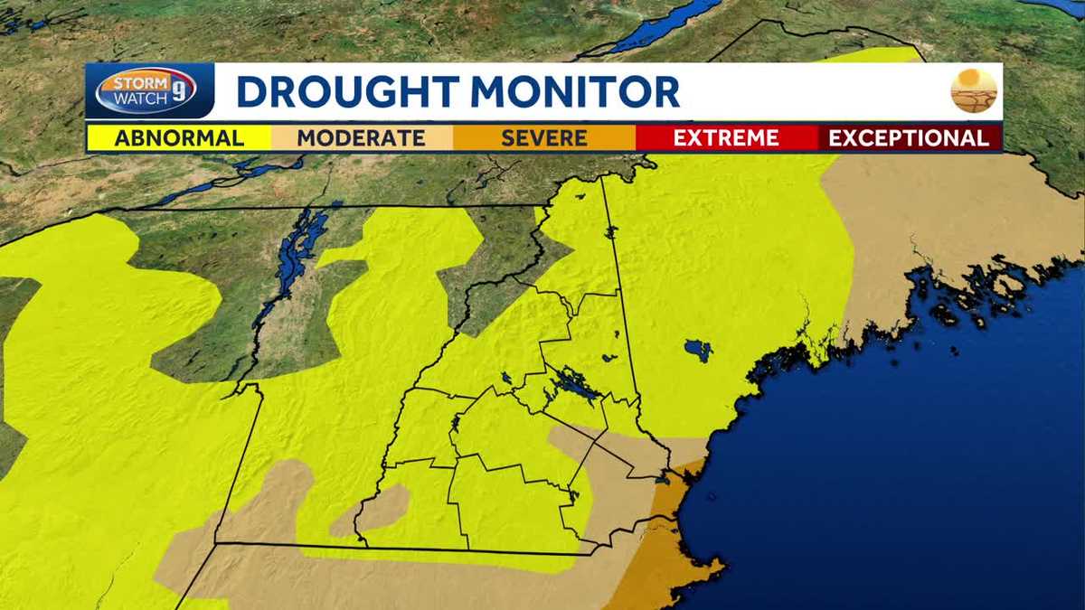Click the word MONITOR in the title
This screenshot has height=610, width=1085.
pyautogui.click(x=574, y=92)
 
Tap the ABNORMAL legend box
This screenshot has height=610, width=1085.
pyautogui.click(x=179, y=138)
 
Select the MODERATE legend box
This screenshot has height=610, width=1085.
pyautogui.click(x=361, y=138)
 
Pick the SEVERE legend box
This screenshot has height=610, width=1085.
pyautogui.click(x=543, y=138)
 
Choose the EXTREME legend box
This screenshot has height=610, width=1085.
pyautogui.click(x=726, y=138)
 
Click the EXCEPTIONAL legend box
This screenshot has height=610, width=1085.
pyautogui.click(x=909, y=138)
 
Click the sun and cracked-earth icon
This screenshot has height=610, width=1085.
pyautogui.click(x=974, y=90)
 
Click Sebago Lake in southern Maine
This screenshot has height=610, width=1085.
pyautogui.click(x=697, y=348)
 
